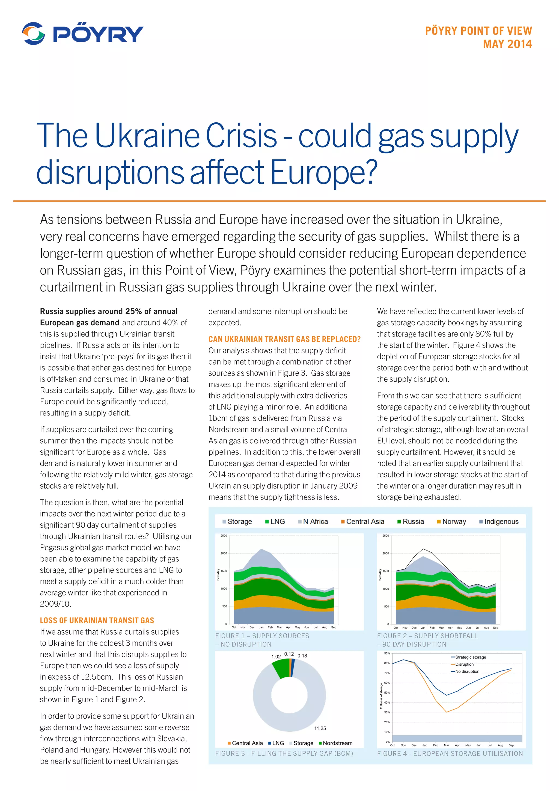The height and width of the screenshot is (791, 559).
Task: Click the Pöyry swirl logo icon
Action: click(x=33, y=33)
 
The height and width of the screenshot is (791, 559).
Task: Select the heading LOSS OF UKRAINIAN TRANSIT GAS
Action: click(x=97, y=621)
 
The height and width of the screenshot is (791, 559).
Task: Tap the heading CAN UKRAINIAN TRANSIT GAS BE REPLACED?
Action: click(x=284, y=339)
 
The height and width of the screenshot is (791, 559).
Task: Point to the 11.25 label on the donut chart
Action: click(x=320, y=728)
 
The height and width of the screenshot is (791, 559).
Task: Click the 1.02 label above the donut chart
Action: click(x=276, y=657)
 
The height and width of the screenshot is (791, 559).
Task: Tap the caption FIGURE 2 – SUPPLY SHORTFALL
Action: click(x=427, y=636)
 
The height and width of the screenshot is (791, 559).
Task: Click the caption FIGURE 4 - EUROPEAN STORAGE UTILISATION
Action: click(x=450, y=754)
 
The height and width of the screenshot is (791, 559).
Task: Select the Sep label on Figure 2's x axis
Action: click(x=495, y=628)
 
